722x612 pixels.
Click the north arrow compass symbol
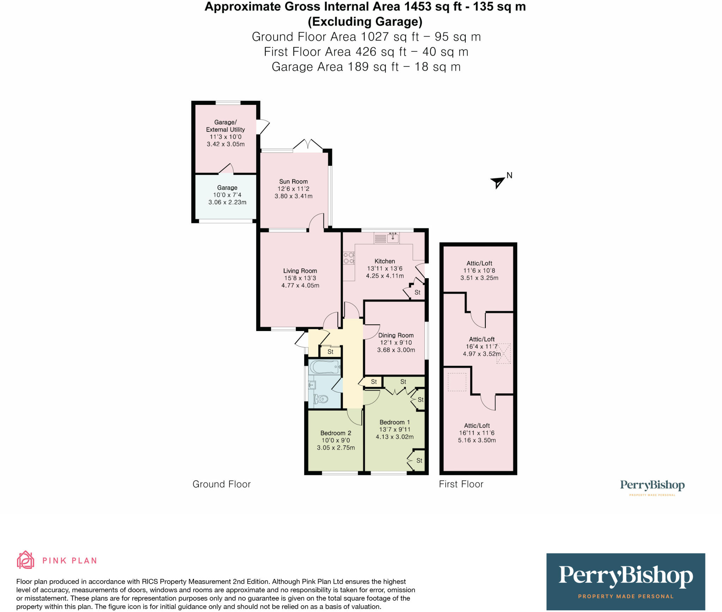(x=498, y=182)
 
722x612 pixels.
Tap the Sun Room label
(x=293, y=181)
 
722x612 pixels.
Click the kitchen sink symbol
(x=393, y=238)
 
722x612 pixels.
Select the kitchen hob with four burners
(x=349, y=258)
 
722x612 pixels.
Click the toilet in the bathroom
(x=321, y=399)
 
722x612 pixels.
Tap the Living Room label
(x=300, y=271)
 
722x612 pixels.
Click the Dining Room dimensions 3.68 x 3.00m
(x=396, y=350)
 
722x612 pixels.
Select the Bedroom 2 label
(x=336, y=433)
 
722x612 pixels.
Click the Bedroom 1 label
(x=394, y=422)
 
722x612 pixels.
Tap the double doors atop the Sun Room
(x=308, y=145)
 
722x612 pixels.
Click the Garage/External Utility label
(x=225, y=126)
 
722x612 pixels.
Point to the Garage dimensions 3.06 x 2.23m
(x=227, y=202)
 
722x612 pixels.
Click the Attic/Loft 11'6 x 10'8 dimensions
(x=479, y=270)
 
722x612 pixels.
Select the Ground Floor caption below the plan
(x=221, y=484)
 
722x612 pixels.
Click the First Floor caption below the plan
(x=461, y=484)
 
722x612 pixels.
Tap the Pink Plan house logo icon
(x=26, y=560)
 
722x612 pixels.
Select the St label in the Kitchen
(x=417, y=292)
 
